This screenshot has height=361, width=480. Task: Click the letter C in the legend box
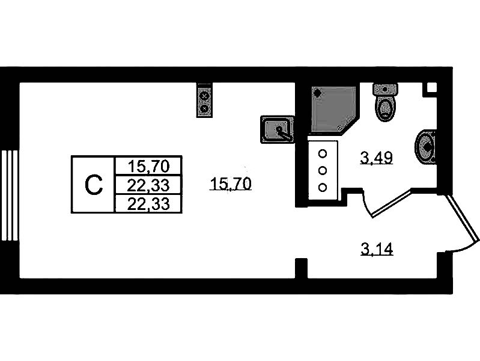[93, 185]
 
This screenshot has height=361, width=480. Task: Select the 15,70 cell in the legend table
[147, 164]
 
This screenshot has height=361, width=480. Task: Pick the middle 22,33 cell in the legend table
[147, 184]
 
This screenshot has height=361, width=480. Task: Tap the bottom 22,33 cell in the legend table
[147, 204]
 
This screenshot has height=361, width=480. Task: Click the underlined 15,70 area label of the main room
[231, 185]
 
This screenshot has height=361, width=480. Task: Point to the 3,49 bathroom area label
[376, 158]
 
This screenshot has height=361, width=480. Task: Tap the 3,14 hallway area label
[377, 248]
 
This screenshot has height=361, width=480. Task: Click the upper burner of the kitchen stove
[205, 95]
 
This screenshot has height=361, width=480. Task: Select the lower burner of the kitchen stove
[205, 108]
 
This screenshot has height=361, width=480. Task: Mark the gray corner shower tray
[330, 108]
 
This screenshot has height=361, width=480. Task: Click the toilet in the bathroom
[385, 102]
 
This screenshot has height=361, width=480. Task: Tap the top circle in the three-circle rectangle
[323, 152]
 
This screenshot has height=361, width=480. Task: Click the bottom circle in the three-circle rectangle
[323, 187]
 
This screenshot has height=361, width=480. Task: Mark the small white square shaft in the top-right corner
[431, 88]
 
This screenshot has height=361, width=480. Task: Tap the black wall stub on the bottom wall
[302, 268]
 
